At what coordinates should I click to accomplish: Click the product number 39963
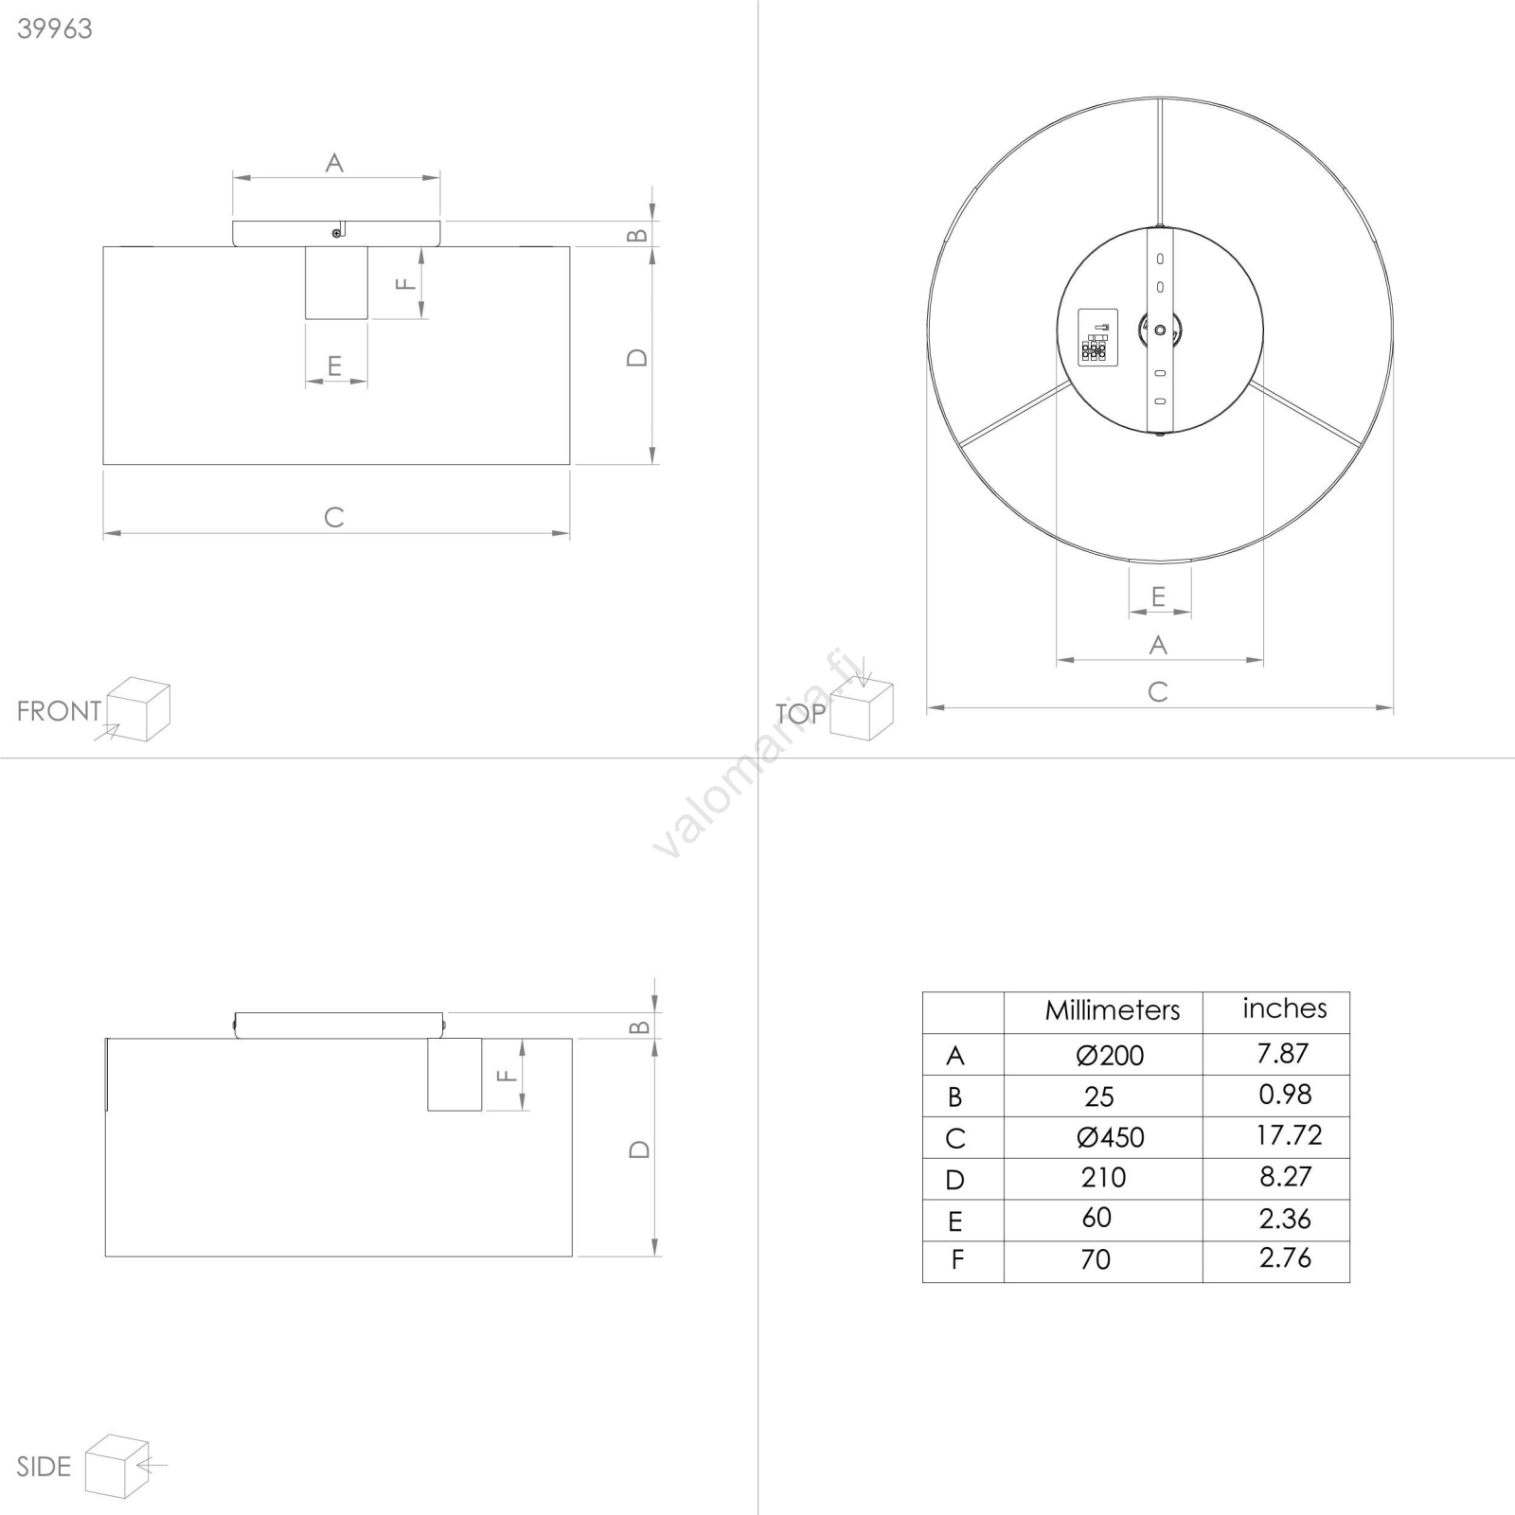[55, 28]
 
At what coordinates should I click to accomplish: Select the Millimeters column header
[1113, 1010]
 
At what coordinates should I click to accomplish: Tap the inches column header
[1285, 1008]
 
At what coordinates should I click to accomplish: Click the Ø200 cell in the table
[1110, 1055]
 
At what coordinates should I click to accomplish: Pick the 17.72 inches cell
[1289, 1134]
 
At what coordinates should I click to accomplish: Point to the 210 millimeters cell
[1103, 1177]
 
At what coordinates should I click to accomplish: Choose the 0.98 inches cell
[1285, 1094]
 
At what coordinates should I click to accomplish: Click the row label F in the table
[957, 1260]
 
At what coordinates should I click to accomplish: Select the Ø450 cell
[1110, 1137]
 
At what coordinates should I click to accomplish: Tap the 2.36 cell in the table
[1285, 1219]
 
